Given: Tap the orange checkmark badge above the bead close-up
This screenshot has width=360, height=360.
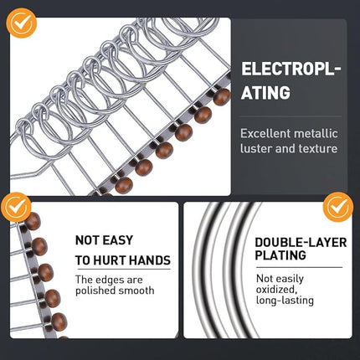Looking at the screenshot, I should [x=15, y=206].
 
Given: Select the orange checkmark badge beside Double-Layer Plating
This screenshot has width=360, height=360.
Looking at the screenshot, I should [x=338, y=206].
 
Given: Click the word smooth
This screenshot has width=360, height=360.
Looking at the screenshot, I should [x=136, y=291].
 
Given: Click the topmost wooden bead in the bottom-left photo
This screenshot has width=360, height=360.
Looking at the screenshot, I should [x=33, y=222].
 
